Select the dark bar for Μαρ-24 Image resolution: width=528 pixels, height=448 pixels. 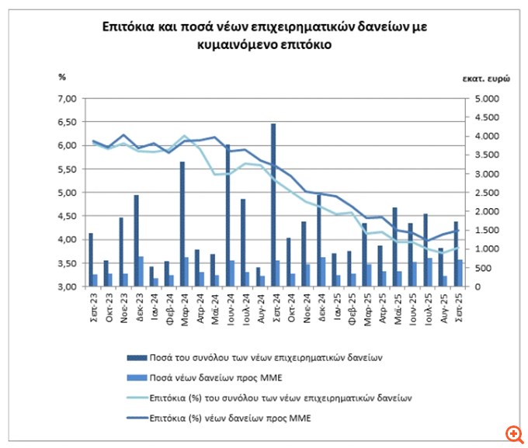pyautogui.click(x=182, y=224)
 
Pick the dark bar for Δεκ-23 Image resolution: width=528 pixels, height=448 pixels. pyautogui.click(x=136, y=241)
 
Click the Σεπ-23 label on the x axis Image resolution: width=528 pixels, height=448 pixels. pyautogui.click(x=92, y=304)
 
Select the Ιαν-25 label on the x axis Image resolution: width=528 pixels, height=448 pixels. pyautogui.click(x=335, y=304)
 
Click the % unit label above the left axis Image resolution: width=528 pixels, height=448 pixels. pyautogui.click(x=62, y=76)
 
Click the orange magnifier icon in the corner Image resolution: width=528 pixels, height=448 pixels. pyautogui.click(x=513, y=433)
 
